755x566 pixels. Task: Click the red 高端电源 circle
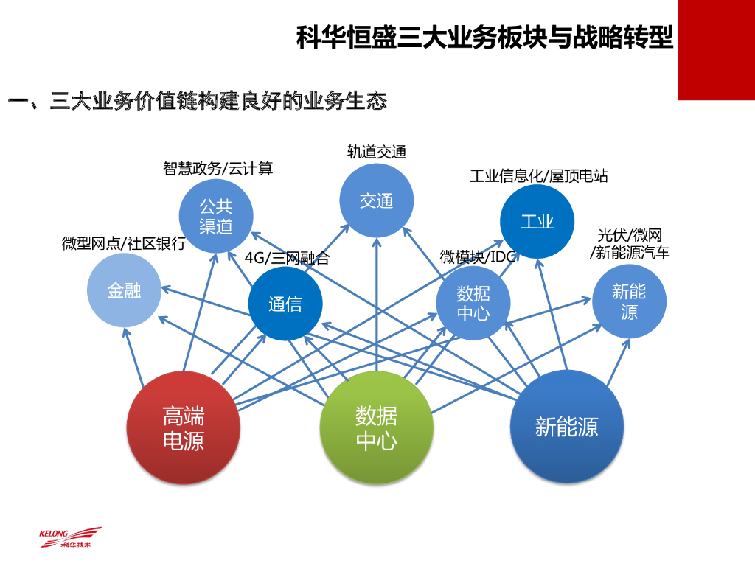pos(184,428)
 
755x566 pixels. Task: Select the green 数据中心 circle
pos(376,428)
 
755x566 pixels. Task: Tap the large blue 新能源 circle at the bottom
pos(567,427)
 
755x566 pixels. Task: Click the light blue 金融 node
pos(124,290)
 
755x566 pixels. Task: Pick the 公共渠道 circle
pos(216,216)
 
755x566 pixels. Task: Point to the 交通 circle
pos(376,200)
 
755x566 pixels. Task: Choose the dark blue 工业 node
pos(537,222)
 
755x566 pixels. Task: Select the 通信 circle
pos(285,304)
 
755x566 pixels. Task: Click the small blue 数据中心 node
pos(473,303)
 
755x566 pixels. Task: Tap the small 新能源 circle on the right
pos(629,301)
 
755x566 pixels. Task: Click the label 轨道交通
pos(376,152)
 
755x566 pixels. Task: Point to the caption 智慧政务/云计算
pos(218,169)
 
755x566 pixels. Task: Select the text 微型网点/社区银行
pos(124,243)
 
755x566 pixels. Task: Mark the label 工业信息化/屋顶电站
pos(538,176)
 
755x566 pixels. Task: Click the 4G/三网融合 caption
pos(287,259)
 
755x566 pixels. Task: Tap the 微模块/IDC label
pos(477,256)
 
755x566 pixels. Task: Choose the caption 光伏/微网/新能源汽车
pos(630,244)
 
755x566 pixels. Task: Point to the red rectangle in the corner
pos(716,49)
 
